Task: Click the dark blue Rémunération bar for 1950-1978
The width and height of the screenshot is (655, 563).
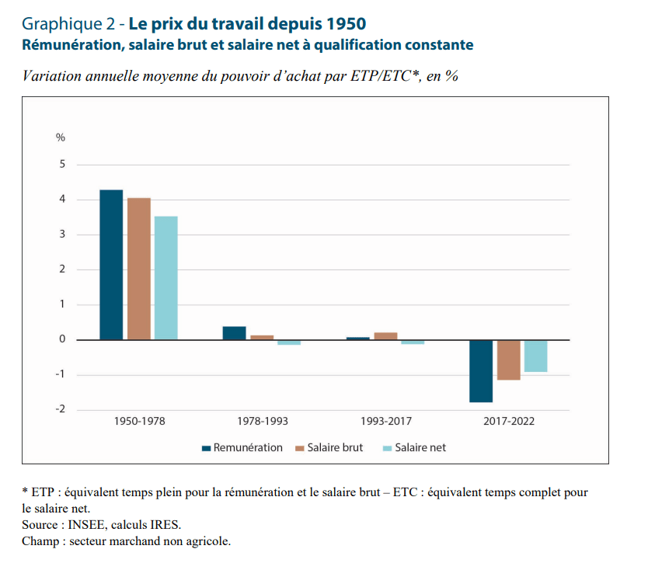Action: click(111, 265)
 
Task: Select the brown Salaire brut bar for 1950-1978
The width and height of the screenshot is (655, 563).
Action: click(139, 269)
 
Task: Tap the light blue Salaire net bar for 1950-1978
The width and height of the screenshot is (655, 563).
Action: click(166, 278)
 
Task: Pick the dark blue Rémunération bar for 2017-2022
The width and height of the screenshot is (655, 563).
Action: click(481, 371)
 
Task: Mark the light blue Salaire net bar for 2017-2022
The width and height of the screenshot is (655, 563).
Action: click(536, 356)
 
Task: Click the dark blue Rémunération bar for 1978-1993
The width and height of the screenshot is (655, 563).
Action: click(235, 333)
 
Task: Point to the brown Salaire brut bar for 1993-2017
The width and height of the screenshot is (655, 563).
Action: click(385, 336)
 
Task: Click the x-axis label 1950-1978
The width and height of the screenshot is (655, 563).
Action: click(139, 422)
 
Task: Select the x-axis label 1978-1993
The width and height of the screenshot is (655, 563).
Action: click(263, 422)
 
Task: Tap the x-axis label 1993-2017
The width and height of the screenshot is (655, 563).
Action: click(386, 422)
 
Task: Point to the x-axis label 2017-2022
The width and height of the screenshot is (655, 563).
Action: click(509, 422)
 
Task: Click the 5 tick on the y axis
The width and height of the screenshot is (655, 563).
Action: click(62, 165)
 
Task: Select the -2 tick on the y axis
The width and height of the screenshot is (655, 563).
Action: click(61, 410)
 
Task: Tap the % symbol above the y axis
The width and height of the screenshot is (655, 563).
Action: click(61, 137)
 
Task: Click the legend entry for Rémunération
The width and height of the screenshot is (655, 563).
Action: click(242, 448)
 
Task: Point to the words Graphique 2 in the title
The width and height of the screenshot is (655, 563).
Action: click(66, 23)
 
